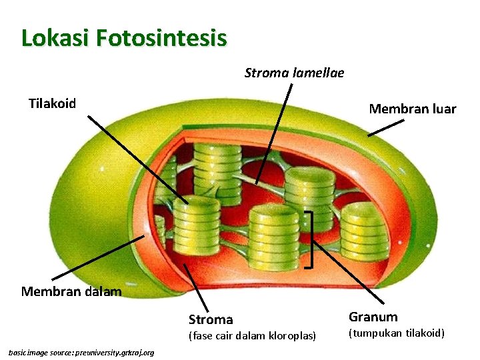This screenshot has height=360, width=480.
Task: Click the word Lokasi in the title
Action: tap(55, 37)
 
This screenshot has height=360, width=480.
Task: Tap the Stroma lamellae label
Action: tap(294, 73)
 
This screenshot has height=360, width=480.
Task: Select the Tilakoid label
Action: tap(52, 103)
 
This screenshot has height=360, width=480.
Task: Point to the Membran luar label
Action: tap(412, 109)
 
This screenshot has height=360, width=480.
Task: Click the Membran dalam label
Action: tap(71, 291)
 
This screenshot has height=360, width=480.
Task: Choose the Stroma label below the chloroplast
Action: tap(211, 319)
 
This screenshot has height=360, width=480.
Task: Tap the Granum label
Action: tap(373, 317)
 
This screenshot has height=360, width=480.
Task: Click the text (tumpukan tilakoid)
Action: tap(396, 333)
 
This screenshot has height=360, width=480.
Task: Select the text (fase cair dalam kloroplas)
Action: tap(252, 335)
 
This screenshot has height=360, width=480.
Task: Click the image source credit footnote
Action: tap(81, 352)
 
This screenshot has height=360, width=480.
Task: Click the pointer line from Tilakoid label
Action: tap(137, 159)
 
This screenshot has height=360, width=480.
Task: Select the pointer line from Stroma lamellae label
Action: tap(274, 133)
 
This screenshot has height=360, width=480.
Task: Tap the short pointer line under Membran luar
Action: tap(385, 127)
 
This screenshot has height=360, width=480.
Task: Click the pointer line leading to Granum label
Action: tap(349, 274)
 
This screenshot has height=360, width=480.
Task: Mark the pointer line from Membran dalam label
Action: tap(97, 257)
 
